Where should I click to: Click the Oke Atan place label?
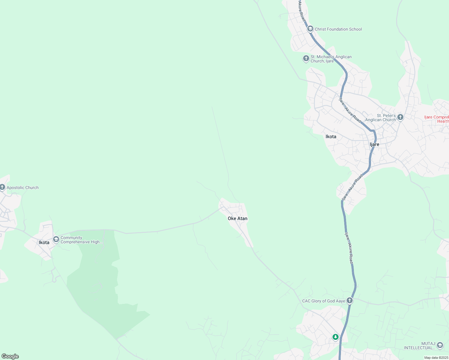(237, 218)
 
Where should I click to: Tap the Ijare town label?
(374, 144)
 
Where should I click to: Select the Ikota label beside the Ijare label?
(331, 136)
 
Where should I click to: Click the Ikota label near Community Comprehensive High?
(44, 242)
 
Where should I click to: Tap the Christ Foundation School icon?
(310, 29)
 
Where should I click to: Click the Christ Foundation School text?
(338, 29)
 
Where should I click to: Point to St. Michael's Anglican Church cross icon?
(306, 58)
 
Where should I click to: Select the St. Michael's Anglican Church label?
(331, 59)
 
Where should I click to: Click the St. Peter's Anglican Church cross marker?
(400, 117)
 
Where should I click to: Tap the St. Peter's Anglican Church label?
(381, 118)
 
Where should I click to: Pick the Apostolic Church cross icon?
(2, 187)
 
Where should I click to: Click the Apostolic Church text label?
(23, 187)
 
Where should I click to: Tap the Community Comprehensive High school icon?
(56, 239)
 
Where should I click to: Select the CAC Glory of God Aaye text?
(324, 301)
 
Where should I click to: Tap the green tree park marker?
(336, 337)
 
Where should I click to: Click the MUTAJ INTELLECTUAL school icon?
(440, 345)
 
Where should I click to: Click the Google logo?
(10, 356)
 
